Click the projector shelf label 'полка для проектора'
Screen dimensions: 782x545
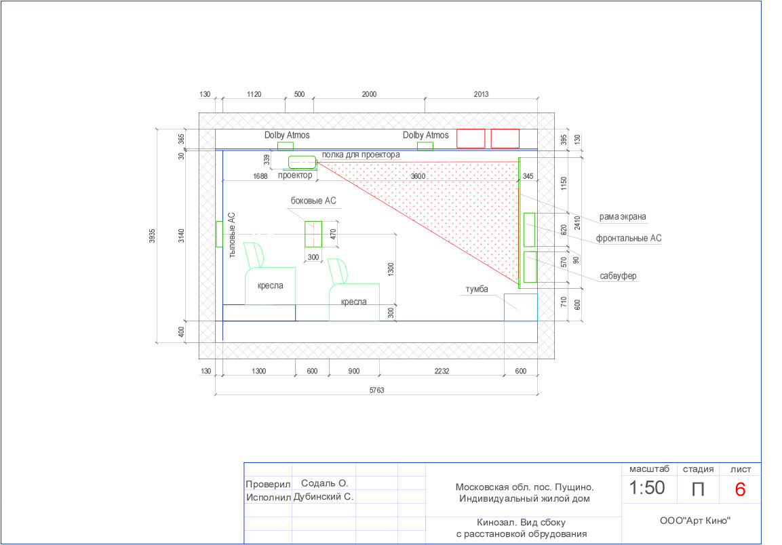pyautogui.click(x=361, y=155)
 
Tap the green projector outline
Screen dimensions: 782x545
pyautogui.click(x=302, y=162)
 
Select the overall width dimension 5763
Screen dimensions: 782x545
pyautogui.click(x=376, y=390)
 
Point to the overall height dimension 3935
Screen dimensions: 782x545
pyautogui.click(x=152, y=236)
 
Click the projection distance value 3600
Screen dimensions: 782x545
pyautogui.click(x=418, y=176)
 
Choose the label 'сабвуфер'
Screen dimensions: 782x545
pyautogui.click(x=618, y=276)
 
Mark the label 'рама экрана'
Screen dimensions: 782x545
pyautogui.click(x=623, y=216)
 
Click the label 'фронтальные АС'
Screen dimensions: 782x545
pyautogui.click(x=629, y=239)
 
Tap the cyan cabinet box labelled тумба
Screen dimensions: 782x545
pyautogui.click(x=521, y=307)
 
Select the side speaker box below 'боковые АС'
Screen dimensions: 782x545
pyautogui.click(x=313, y=234)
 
